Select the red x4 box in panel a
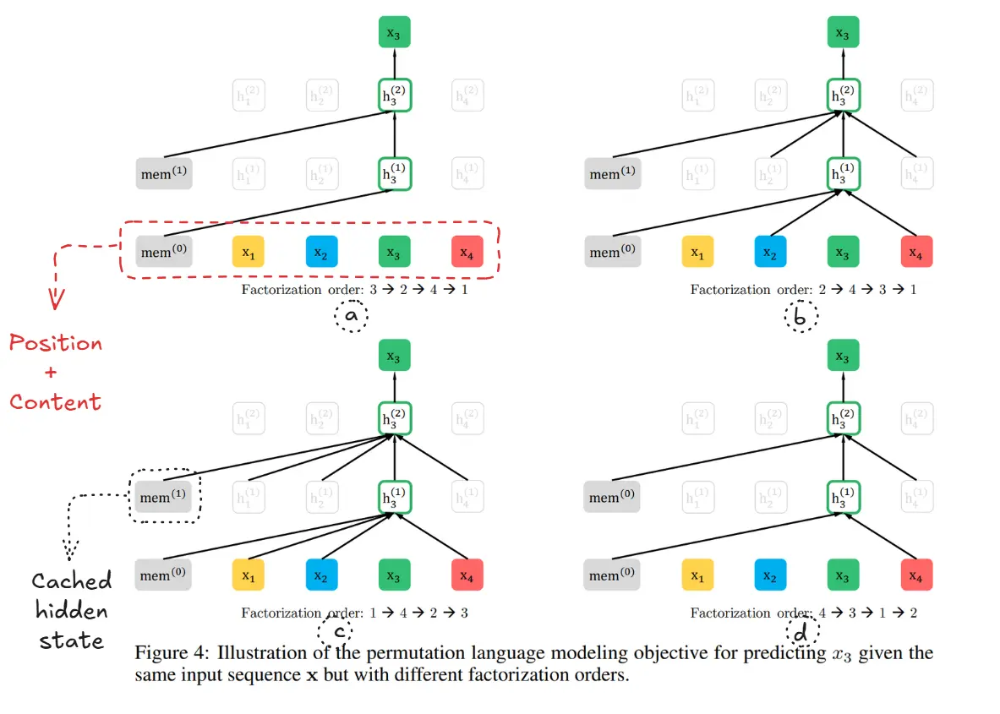pos(467,252)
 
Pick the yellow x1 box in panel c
pos(249,575)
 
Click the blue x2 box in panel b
pos(770,252)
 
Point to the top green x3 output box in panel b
pos(843,32)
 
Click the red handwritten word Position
pos(56,343)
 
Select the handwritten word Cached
pos(72,581)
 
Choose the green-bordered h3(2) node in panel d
pos(843,420)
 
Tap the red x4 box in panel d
pos(916,575)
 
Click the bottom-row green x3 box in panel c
pos(394,575)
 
